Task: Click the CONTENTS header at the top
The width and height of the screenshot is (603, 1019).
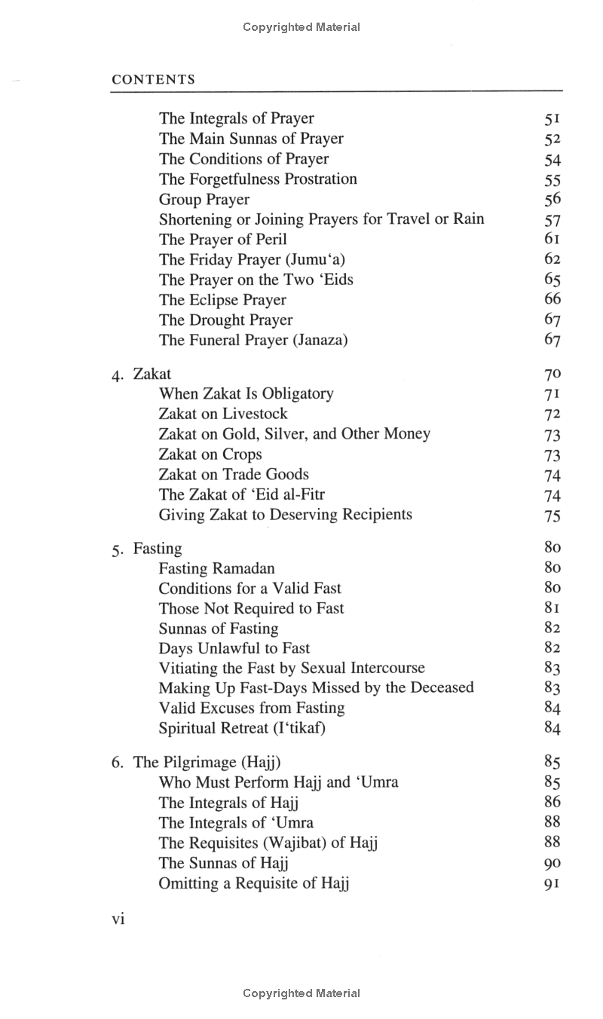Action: (x=153, y=79)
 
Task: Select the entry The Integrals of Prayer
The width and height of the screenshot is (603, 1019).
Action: (x=236, y=118)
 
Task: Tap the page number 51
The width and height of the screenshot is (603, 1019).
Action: (x=552, y=119)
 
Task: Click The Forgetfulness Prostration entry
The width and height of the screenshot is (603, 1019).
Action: (x=258, y=179)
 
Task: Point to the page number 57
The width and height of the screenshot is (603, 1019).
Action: (x=552, y=220)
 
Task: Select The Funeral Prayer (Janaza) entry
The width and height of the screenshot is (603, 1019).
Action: (x=253, y=341)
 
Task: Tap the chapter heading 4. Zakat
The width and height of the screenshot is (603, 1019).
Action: (x=142, y=374)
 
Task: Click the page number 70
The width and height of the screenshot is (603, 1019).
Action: (x=552, y=375)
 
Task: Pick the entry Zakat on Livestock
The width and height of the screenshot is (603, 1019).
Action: (x=223, y=414)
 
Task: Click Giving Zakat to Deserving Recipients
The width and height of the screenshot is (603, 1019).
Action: (x=286, y=515)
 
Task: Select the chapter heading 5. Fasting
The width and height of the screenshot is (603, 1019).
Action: (x=147, y=549)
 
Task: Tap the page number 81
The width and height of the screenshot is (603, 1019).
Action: (x=552, y=608)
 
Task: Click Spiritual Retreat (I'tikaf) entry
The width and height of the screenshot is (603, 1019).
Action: (x=242, y=728)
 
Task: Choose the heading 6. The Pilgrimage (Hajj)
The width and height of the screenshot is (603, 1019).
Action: (x=196, y=762)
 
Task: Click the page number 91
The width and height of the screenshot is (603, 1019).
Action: (x=552, y=883)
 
